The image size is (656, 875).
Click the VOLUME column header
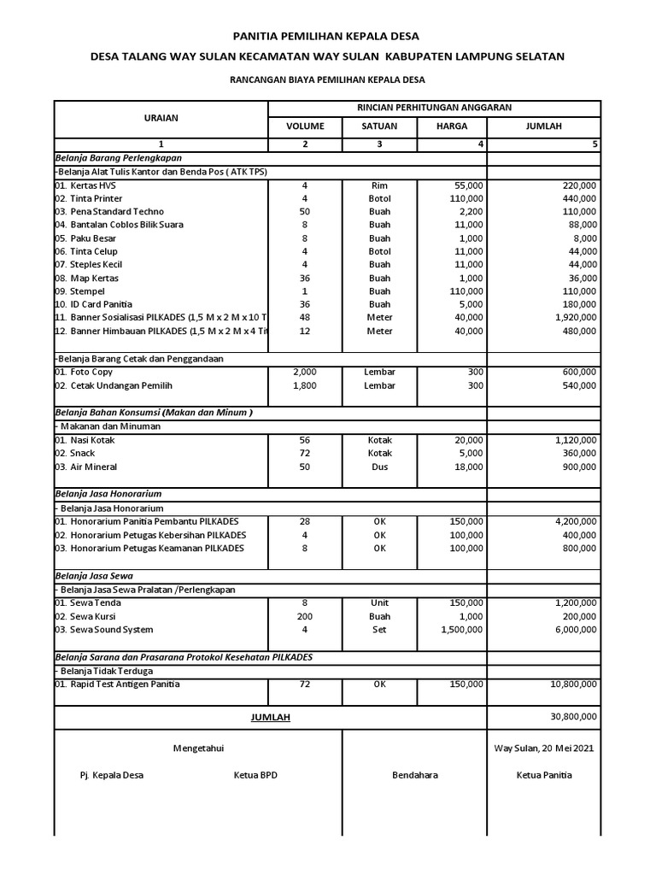[x=305, y=126]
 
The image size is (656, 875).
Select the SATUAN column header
[x=379, y=126]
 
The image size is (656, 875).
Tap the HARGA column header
[x=453, y=126]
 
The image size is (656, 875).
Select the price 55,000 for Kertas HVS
[x=468, y=185]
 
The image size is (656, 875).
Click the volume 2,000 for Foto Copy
[x=305, y=373]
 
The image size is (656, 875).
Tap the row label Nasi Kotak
[x=85, y=440]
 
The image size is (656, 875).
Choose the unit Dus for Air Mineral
[x=379, y=467]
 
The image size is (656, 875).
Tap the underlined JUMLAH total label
[x=270, y=717]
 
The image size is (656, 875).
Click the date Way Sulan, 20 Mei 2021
[x=543, y=749]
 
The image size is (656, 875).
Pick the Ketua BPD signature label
[x=255, y=775]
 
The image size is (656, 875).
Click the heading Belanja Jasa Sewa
[x=94, y=576]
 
